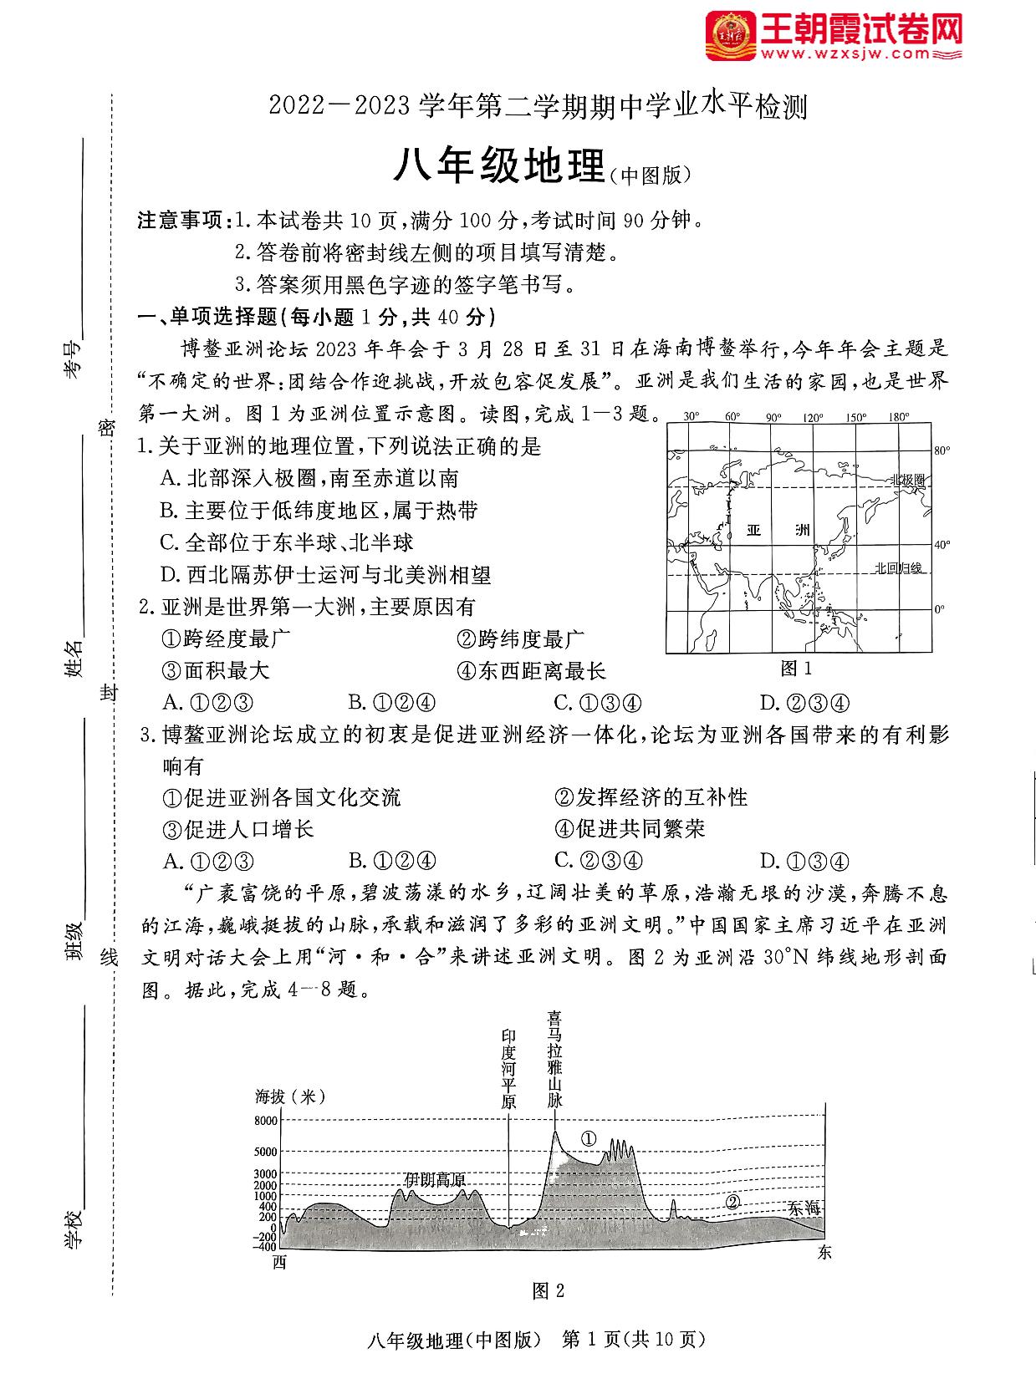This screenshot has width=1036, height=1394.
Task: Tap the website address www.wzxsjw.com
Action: coord(845,53)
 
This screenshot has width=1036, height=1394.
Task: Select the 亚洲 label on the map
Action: coord(778,530)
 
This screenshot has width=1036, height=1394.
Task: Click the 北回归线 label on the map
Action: coord(898,568)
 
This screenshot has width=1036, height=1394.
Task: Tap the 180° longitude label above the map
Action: coord(899,417)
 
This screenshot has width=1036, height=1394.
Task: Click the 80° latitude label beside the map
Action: coord(942,451)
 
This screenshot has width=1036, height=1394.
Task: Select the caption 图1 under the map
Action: coord(796,668)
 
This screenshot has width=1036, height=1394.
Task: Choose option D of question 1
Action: coord(325,574)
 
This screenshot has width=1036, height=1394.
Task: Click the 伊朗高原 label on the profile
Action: coord(435,1179)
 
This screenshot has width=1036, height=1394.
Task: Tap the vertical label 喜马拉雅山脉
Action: coord(555,1059)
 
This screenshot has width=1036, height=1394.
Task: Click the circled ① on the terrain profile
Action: coord(589,1138)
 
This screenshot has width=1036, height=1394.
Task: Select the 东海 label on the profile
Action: coord(804,1208)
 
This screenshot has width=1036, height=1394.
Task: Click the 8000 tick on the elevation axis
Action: coord(265,1121)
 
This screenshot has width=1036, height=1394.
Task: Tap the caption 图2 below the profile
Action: coord(549,1291)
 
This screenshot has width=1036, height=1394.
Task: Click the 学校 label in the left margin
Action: coord(74,1229)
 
